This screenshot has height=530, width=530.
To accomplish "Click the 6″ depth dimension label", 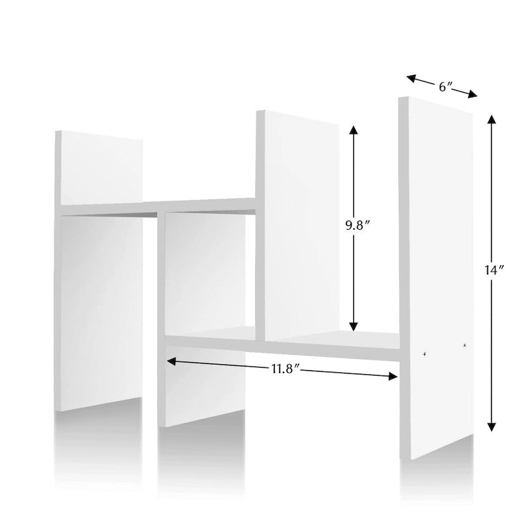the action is pos(445,87).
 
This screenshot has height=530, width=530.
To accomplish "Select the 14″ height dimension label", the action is pos(494,270).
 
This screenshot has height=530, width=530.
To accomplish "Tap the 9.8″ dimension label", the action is pos(356,226).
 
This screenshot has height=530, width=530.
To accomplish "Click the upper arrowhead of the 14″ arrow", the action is pos(492,119).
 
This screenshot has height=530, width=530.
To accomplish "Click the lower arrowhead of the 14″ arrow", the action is pos(492,427).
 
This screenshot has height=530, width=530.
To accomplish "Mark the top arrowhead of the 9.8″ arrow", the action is pos(354,130).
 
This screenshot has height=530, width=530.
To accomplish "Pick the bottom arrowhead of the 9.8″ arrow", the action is pos(354,326).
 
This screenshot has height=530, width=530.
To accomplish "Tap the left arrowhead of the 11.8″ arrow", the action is pos(172,362).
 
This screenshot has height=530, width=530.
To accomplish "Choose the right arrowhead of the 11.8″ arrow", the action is pos(392,376).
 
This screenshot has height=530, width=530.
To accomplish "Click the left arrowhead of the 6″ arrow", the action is pos(411,79).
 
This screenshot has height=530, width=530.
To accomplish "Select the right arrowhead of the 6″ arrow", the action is pos(472,94).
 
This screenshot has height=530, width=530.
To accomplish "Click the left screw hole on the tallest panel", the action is pos(424,354).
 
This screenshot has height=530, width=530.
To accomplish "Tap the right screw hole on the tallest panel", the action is pos(465,345).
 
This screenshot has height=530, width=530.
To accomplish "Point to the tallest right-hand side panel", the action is pos(436,277).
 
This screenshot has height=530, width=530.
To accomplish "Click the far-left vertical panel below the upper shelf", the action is pos(99,313).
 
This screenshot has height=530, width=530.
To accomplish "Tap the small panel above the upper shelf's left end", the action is pos(99,168).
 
